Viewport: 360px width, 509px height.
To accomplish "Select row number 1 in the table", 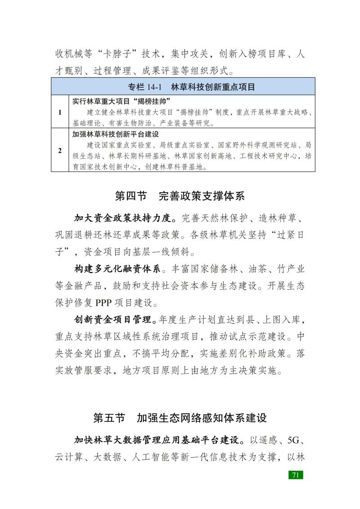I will (60, 112).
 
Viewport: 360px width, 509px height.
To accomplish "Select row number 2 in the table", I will (60, 150).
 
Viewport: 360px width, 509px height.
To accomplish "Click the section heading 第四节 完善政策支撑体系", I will (180, 196).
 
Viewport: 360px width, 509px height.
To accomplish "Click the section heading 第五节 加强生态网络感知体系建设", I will (180, 417).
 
